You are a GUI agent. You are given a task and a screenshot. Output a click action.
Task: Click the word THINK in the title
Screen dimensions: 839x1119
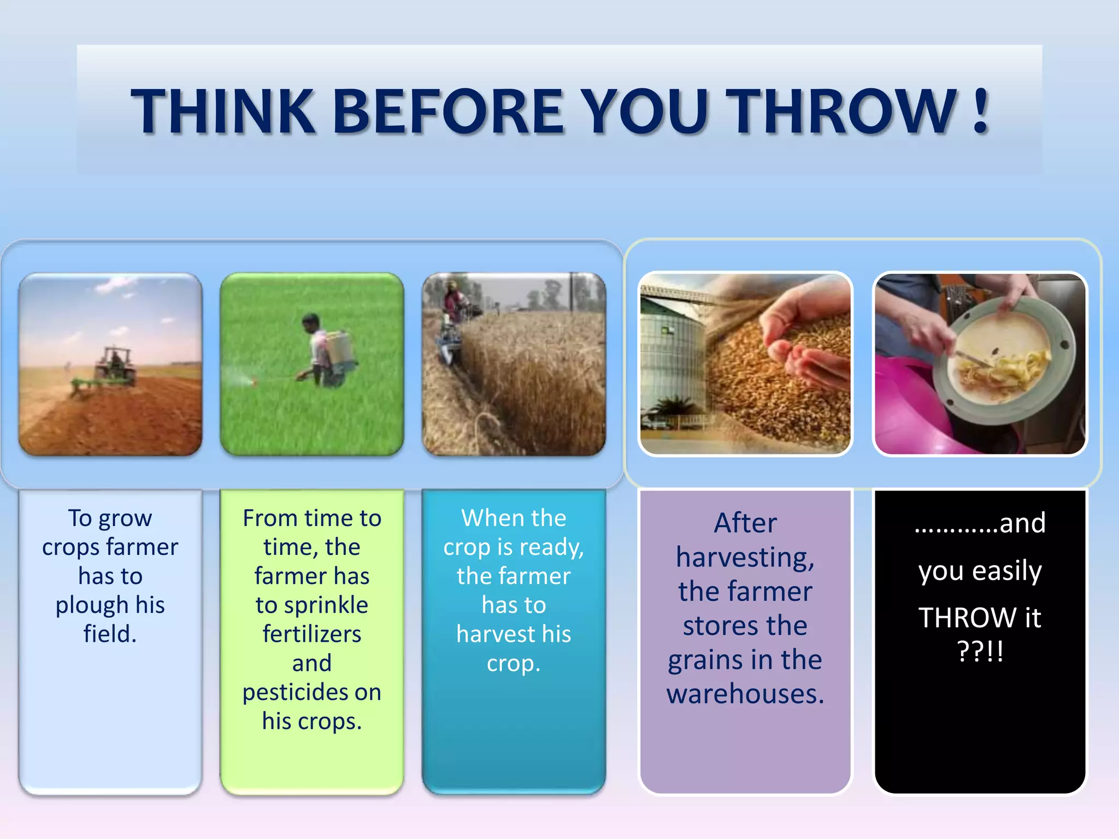click(x=223, y=112)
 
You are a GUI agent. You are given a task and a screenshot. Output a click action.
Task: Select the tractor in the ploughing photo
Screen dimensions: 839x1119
click(x=115, y=366)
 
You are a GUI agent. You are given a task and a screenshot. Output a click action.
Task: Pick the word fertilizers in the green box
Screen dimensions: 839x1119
click(x=311, y=634)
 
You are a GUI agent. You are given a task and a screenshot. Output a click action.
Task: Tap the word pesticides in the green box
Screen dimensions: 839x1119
click(x=296, y=693)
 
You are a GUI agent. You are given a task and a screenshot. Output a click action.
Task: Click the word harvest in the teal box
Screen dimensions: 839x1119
click(x=489, y=634)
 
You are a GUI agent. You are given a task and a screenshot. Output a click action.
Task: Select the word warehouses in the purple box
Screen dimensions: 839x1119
click(x=745, y=694)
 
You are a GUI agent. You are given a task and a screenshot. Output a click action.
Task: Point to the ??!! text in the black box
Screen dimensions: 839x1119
click(x=980, y=651)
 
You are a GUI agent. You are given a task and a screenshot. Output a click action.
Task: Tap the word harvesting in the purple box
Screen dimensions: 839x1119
click(x=745, y=558)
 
